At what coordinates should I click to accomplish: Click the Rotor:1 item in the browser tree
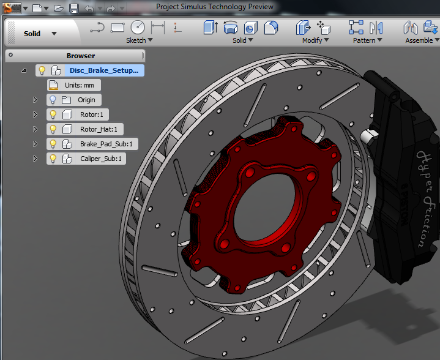(92, 114)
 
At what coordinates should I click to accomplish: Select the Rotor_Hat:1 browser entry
(98, 129)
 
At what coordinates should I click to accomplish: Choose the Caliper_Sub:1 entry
(101, 159)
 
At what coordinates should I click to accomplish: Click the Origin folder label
(86, 100)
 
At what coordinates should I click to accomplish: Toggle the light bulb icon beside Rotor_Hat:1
(53, 129)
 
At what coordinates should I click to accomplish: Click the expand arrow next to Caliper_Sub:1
(35, 159)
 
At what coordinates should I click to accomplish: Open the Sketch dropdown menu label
(139, 40)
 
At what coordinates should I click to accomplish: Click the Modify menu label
(315, 40)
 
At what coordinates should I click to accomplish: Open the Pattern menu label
(367, 40)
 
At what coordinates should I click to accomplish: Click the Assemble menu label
(421, 40)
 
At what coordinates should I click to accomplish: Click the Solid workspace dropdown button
(40, 34)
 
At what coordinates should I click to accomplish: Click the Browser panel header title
(80, 56)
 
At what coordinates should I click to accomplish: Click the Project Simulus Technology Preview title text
(215, 7)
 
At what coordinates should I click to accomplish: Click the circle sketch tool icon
(138, 28)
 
